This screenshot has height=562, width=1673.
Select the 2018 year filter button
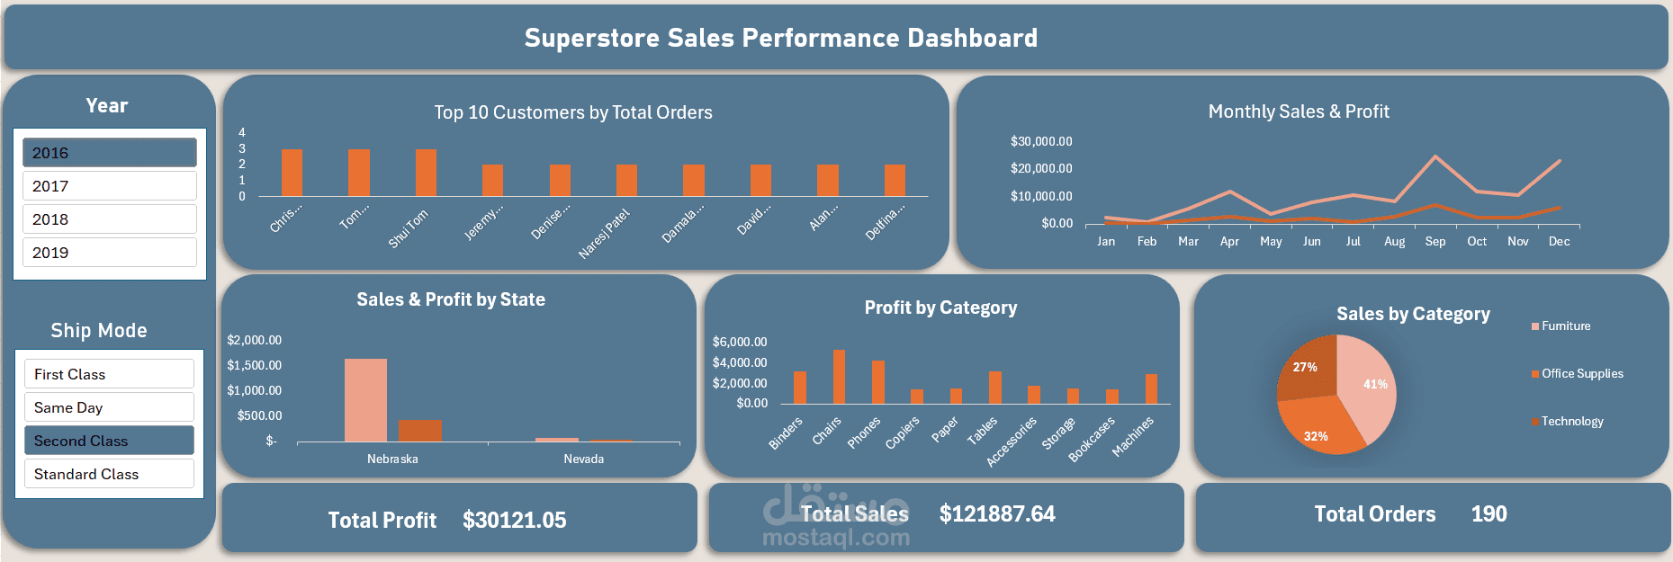click(109, 219)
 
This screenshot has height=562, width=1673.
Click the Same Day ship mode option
click(109, 407)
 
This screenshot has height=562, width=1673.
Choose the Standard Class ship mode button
click(109, 474)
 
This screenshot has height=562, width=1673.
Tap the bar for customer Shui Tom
click(426, 173)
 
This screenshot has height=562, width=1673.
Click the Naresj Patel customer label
click(604, 234)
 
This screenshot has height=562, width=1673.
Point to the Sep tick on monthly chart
click(1435, 241)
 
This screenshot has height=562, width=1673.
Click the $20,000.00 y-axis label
click(1041, 168)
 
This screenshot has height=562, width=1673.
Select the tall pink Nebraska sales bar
click(365, 400)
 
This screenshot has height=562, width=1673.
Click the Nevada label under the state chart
click(583, 459)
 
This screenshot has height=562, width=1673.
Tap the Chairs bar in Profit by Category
click(839, 377)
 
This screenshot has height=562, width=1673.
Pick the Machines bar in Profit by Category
click(1151, 388)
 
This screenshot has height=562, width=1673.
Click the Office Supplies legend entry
click(1581, 373)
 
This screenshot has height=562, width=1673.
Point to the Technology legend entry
click(1571, 421)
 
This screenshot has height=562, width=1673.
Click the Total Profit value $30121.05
click(514, 520)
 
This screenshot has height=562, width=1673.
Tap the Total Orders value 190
click(1489, 513)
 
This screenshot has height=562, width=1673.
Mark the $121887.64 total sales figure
click(997, 513)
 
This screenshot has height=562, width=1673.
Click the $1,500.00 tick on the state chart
click(254, 365)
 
